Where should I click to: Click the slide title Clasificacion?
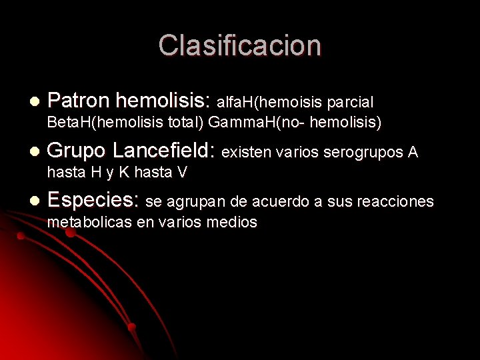tap(240, 45)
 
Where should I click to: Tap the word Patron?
tap(79, 101)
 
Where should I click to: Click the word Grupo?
tap(77, 152)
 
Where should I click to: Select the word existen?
tap(245, 153)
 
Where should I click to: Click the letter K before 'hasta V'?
tap(124, 173)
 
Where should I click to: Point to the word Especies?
tap(94, 200)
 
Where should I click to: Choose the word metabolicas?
tap(89, 222)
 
